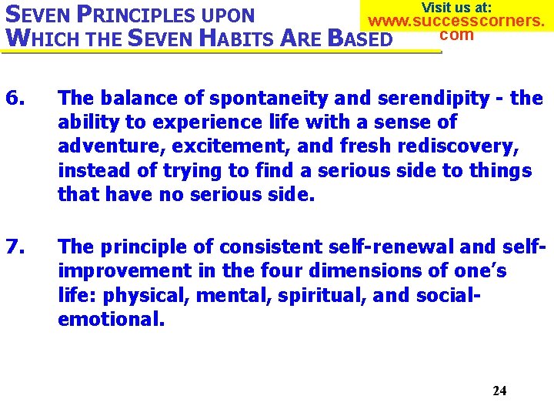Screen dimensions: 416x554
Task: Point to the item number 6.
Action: point(15,99)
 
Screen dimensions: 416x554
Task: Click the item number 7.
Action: point(15,247)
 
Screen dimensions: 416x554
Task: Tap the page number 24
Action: point(499,391)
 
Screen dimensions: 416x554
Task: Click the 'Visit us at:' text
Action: point(457,7)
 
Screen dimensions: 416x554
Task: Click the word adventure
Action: point(105,146)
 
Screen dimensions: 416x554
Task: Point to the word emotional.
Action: point(111,319)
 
